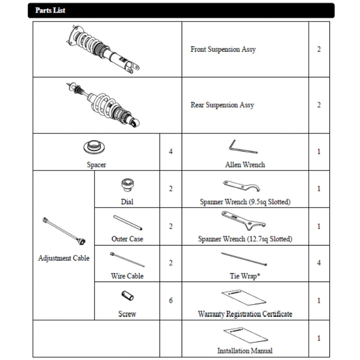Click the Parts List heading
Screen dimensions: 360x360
[x=50, y=10]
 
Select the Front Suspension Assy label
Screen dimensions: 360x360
[x=223, y=49]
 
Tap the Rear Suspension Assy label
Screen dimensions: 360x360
[x=222, y=105]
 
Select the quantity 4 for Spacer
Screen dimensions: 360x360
[x=171, y=152]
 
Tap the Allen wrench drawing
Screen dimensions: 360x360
[x=243, y=147]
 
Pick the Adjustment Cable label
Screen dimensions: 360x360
[x=64, y=258]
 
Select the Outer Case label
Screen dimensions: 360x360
[x=127, y=239]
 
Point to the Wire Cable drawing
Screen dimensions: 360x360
[x=127, y=259]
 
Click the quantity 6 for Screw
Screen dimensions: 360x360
[x=171, y=301]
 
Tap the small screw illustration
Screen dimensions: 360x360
[x=127, y=296]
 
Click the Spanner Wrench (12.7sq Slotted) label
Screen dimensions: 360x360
[x=245, y=239]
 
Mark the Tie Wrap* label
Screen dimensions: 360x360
[x=245, y=276]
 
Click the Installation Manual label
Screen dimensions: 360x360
[x=245, y=351]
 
